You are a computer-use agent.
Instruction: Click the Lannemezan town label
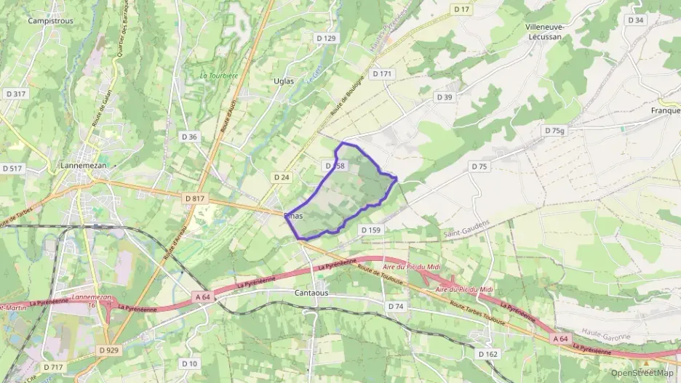coord(81,166)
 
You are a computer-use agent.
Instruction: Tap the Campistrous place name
coord(50,21)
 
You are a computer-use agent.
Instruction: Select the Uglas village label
coord(284,81)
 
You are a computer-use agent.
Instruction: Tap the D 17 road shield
coord(461,9)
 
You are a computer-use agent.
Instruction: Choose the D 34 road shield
coord(635,20)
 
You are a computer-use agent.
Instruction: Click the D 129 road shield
coord(326,38)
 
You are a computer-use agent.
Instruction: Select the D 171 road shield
coord(382,74)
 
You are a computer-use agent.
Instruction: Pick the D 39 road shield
coord(444,97)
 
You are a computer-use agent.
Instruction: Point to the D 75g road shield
coord(554,131)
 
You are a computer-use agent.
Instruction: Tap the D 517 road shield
coord(12,168)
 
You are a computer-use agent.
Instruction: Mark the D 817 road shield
coord(195,198)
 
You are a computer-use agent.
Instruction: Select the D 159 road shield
coord(370,230)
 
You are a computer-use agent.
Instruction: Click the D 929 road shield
coord(108,350)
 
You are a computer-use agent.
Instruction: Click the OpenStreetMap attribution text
coord(642,373)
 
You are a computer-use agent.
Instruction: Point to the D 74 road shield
coord(396,307)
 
